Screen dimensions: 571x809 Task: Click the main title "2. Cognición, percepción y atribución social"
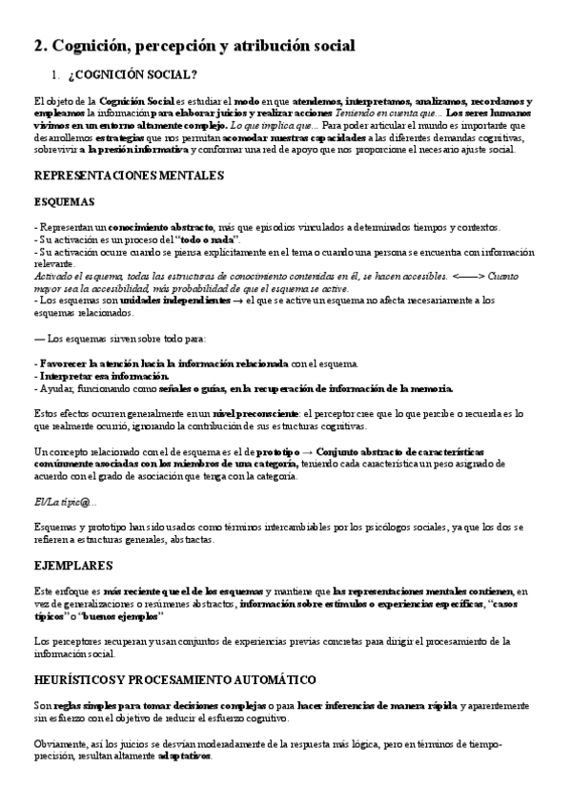pos(194,45)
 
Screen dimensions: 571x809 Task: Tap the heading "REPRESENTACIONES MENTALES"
pos(129,176)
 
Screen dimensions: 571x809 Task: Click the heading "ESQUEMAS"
pos(64,202)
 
